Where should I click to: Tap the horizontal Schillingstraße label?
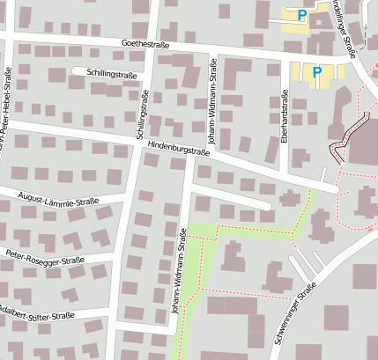(112, 75)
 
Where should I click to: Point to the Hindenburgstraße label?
(179, 147)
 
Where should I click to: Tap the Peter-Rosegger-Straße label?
(44, 257)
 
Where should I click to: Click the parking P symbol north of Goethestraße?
(302, 15)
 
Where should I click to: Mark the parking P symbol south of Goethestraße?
(316, 73)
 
